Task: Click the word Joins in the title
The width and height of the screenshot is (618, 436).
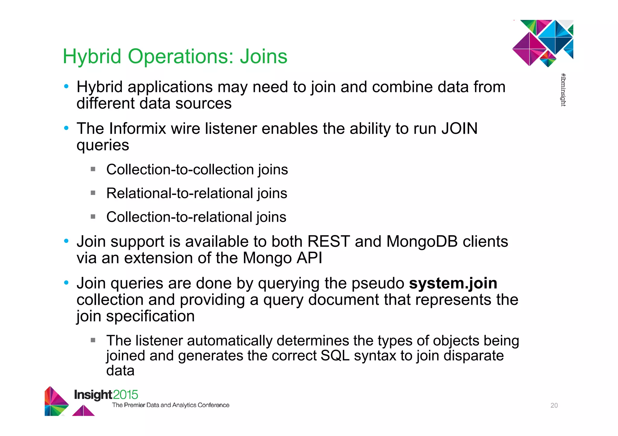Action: (263, 57)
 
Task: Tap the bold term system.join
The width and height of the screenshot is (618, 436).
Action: (453, 284)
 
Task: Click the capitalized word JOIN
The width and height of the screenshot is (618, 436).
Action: (459, 129)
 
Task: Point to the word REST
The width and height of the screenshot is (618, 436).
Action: (329, 242)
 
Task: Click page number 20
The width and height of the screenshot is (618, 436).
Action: (554, 406)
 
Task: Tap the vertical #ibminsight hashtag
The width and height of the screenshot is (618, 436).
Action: (563, 90)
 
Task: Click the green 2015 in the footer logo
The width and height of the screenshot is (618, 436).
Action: (126, 395)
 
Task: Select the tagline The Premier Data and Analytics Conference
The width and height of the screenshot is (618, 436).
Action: (170, 405)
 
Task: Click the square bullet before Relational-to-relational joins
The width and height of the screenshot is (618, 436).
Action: (93, 193)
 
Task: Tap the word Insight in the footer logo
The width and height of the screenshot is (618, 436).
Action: (93, 395)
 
